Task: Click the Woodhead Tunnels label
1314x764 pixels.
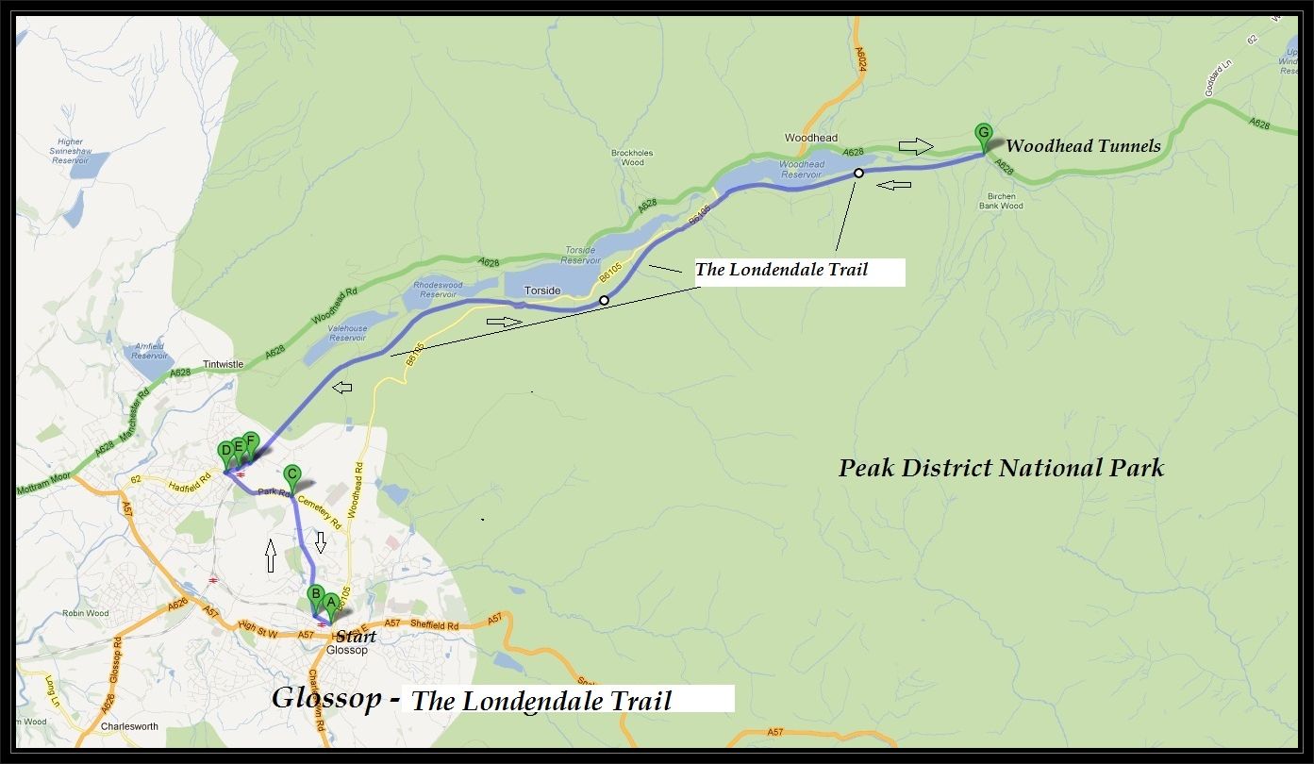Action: [x=1082, y=146]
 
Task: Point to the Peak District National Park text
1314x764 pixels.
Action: [x=1001, y=468]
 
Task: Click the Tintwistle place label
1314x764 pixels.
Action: [x=223, y=364]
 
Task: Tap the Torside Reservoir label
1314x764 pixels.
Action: [x=580, y=256]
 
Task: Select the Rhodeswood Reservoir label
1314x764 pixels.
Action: [x=439, y=290]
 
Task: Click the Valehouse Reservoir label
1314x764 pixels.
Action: [x=348, y=333]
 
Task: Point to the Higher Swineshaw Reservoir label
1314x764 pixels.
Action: [x=71, y=152]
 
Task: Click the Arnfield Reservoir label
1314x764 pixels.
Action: [x=150, y=351]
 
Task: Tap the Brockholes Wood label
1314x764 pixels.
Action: [x=632, y=158]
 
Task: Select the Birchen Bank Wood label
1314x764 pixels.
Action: [x=1001, y=201]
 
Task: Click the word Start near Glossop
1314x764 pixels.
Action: [x=356, y=637]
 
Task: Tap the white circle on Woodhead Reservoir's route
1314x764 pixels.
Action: [x=858, y=173]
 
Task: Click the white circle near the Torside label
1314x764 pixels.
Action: [x=604, y=301]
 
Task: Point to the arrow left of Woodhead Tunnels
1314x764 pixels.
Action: [x=914, y=146]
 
